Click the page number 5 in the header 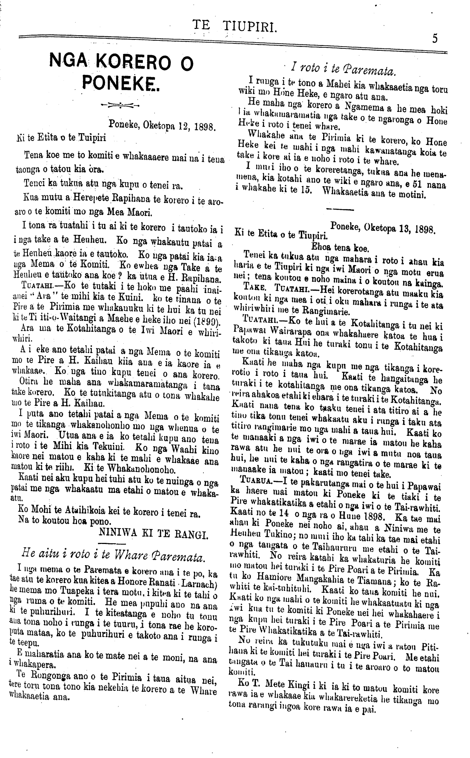(435, 38)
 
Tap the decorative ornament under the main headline (121, 105)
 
